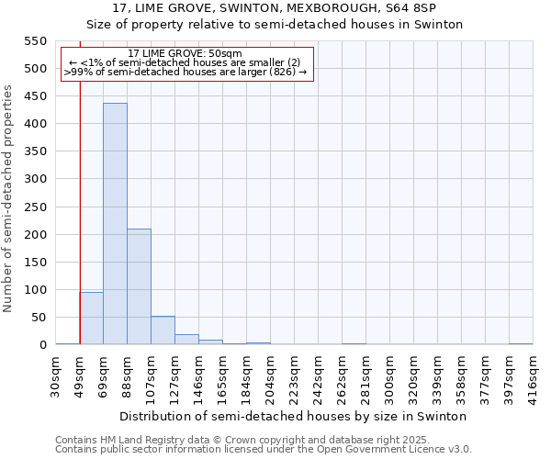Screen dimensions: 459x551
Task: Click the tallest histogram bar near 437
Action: (115, 224)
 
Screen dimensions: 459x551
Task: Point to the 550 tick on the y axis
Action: (34, 41)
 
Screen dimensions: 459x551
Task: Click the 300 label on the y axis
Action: (34, 180)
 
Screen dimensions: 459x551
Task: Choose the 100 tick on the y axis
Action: (34, 290)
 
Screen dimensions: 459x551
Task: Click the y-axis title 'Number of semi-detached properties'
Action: (9, 198)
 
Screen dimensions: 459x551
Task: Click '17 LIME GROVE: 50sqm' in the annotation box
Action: (186, 54)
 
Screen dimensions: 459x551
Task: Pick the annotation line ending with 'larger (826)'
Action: (186, 72)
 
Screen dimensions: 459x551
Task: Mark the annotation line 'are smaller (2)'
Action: (186, 62)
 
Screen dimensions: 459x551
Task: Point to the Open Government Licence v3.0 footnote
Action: (264, 450)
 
